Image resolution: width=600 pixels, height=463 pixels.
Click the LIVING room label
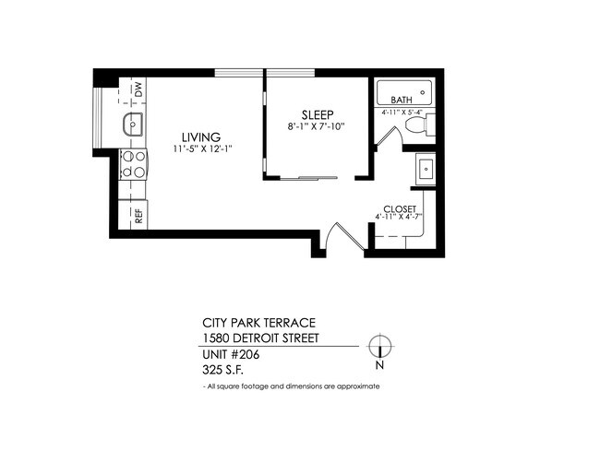(200, 137)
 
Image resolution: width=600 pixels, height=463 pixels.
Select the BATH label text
(402, 100)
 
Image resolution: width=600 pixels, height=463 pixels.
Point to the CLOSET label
(401, 208)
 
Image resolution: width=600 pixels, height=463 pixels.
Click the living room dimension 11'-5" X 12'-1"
(200, 148)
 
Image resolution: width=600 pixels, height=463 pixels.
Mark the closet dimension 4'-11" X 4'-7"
(401, 218)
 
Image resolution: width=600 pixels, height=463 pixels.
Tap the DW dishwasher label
(138, 89)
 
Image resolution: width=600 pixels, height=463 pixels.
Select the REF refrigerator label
(138, 217)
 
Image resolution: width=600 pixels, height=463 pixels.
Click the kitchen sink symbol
(132, 125)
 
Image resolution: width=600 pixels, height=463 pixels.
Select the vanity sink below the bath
(426, 169)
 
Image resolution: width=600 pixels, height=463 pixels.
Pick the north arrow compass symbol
(379, 347)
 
